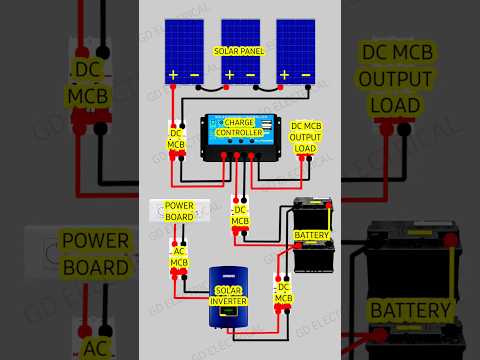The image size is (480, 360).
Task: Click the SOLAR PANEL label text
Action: (240, 50)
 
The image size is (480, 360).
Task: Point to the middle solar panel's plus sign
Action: (229, 75)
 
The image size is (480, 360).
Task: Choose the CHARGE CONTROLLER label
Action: (239, 128)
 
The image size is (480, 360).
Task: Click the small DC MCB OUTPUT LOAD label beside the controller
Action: (304, 137)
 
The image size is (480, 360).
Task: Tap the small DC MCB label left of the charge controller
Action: (176, 139)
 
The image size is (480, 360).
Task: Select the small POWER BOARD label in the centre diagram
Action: (179, 212)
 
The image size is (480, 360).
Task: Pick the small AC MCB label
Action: (179, 258)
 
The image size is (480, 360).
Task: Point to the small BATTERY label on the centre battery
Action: (310, 236)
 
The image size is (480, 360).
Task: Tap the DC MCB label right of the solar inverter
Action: (283, 293)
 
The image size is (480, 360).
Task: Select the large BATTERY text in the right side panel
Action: (410, 311)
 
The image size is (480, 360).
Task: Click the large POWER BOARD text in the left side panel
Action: (95, 254)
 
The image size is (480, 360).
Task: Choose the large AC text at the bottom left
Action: (95, 347)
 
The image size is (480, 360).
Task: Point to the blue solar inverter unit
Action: (229, 298)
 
